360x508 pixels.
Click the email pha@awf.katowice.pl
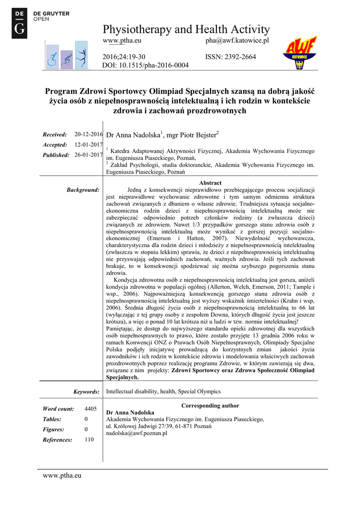(237, 40)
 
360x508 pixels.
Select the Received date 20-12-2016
(88, 134)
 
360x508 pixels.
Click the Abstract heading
(210, 183)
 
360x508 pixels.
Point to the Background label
(83, 190)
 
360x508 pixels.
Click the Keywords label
(86, 392)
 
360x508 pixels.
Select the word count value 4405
(90, 409)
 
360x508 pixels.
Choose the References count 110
(89, 440)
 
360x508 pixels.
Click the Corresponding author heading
(210, 406)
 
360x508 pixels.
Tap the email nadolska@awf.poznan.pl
(137, 433)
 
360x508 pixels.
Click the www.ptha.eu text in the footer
(62, 476)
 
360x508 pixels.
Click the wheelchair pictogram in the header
(52, 60)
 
